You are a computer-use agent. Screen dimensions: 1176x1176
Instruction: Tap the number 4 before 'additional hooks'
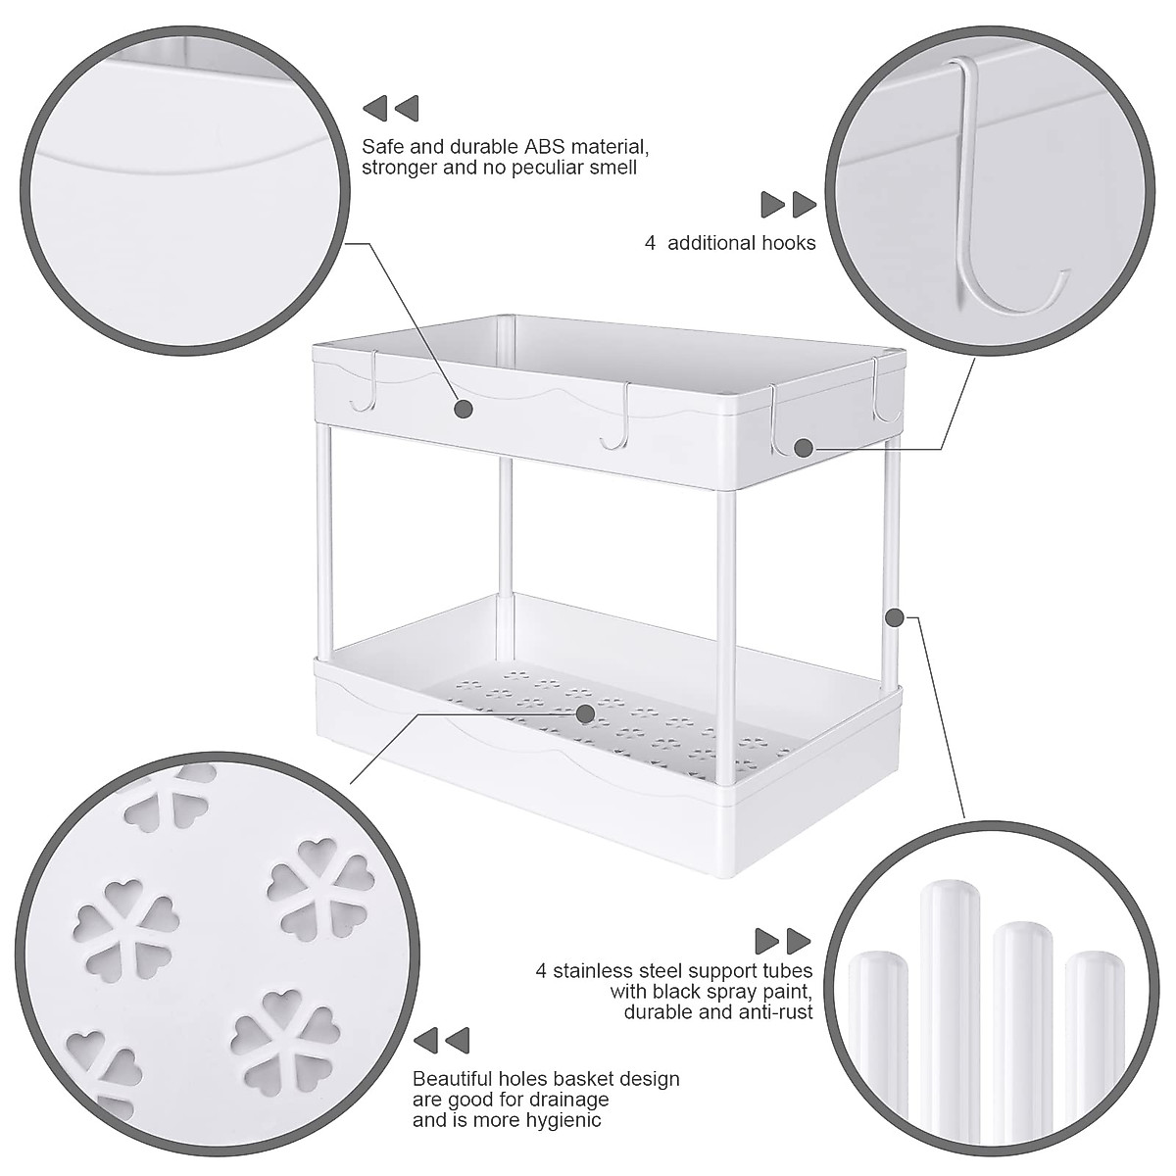tap(650, 243)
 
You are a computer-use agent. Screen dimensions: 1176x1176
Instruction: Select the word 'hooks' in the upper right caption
tap(789, 243)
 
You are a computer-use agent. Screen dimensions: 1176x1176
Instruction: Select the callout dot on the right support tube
tap(894, 617)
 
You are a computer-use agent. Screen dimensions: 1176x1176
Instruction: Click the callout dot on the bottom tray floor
tap(585, 713)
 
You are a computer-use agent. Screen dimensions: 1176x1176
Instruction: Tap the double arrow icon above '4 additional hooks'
tap(789, 205)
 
